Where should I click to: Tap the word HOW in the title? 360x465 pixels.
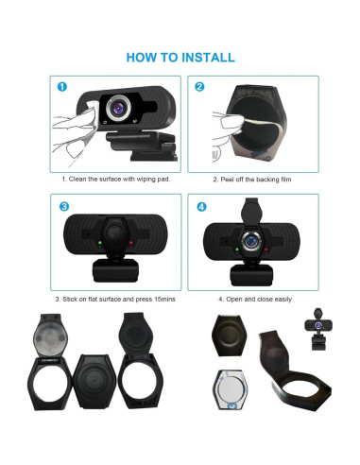[x=142, y=58]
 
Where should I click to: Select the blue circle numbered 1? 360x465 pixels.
[x=61, y=87]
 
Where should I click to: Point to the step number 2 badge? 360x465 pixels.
[x=199, y=87]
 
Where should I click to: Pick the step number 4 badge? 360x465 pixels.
[x=199, y=206]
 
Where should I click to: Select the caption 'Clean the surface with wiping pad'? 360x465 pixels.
[x=115, y=179]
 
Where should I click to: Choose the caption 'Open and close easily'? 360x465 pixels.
[x=255, y=299]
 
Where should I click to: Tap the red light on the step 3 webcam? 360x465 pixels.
[x=130, y=241]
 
